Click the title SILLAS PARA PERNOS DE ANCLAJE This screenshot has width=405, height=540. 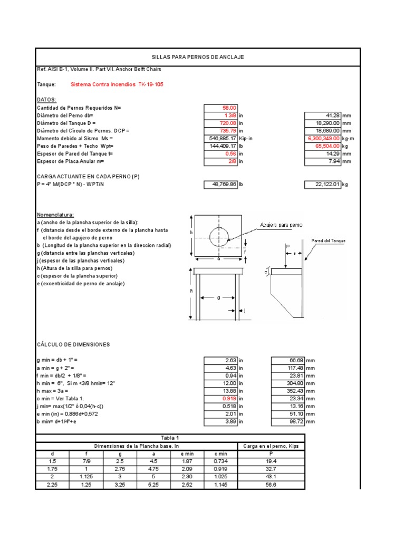point(198,57)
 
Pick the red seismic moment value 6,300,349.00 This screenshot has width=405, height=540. point(323,138)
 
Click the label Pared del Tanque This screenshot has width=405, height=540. point(327,241)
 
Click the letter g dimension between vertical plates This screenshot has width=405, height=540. point(218,298)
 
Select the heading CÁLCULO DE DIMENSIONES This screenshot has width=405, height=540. point(73,344)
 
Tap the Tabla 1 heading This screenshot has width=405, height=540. point(170,438)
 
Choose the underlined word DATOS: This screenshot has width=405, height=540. point(46,99)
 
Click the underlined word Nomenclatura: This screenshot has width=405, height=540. point(56,215)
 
